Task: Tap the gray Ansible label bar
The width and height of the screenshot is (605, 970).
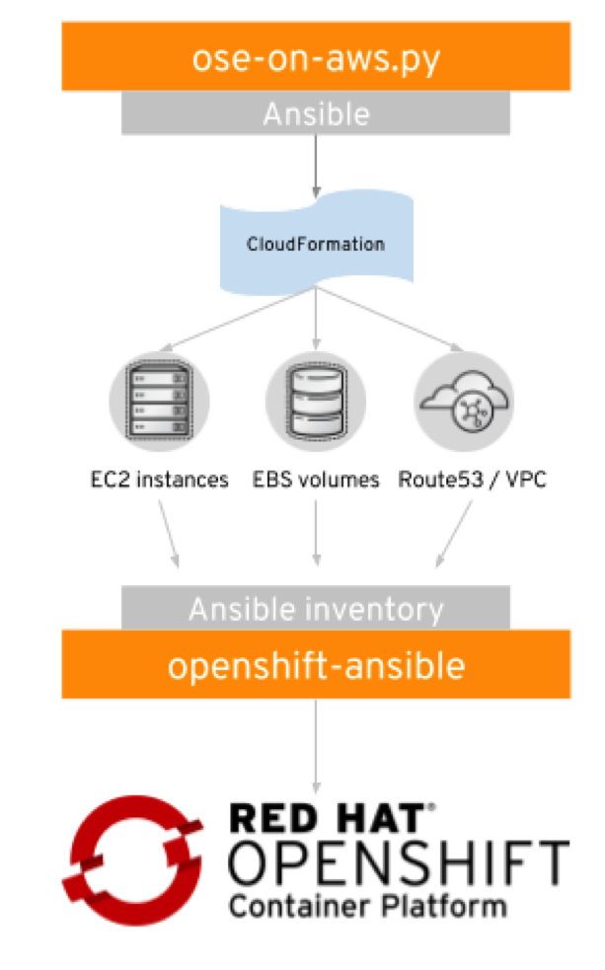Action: click(x=316, y=114)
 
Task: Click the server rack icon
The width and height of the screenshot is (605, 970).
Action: click(x=159, y=400)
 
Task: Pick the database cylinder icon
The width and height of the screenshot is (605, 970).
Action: click(x=316, y=400)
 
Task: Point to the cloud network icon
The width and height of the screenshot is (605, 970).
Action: click(x=464, y=400)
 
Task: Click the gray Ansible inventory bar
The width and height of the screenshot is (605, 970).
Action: click(x=316, y=608)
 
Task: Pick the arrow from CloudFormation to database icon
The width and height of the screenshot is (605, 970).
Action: click(x=316, y=321)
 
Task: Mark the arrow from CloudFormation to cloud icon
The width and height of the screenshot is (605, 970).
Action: click(x=395, y=321)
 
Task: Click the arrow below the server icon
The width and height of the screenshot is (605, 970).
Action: click(x=169, y=534)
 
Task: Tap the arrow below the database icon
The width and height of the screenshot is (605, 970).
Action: click(x=316, y=533)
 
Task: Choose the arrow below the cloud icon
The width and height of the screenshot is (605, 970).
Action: click(x=454, y=534)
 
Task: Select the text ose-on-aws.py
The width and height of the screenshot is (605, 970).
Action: click(x=316, y=59)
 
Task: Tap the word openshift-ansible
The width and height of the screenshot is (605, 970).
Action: click(x=316, y=666)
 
